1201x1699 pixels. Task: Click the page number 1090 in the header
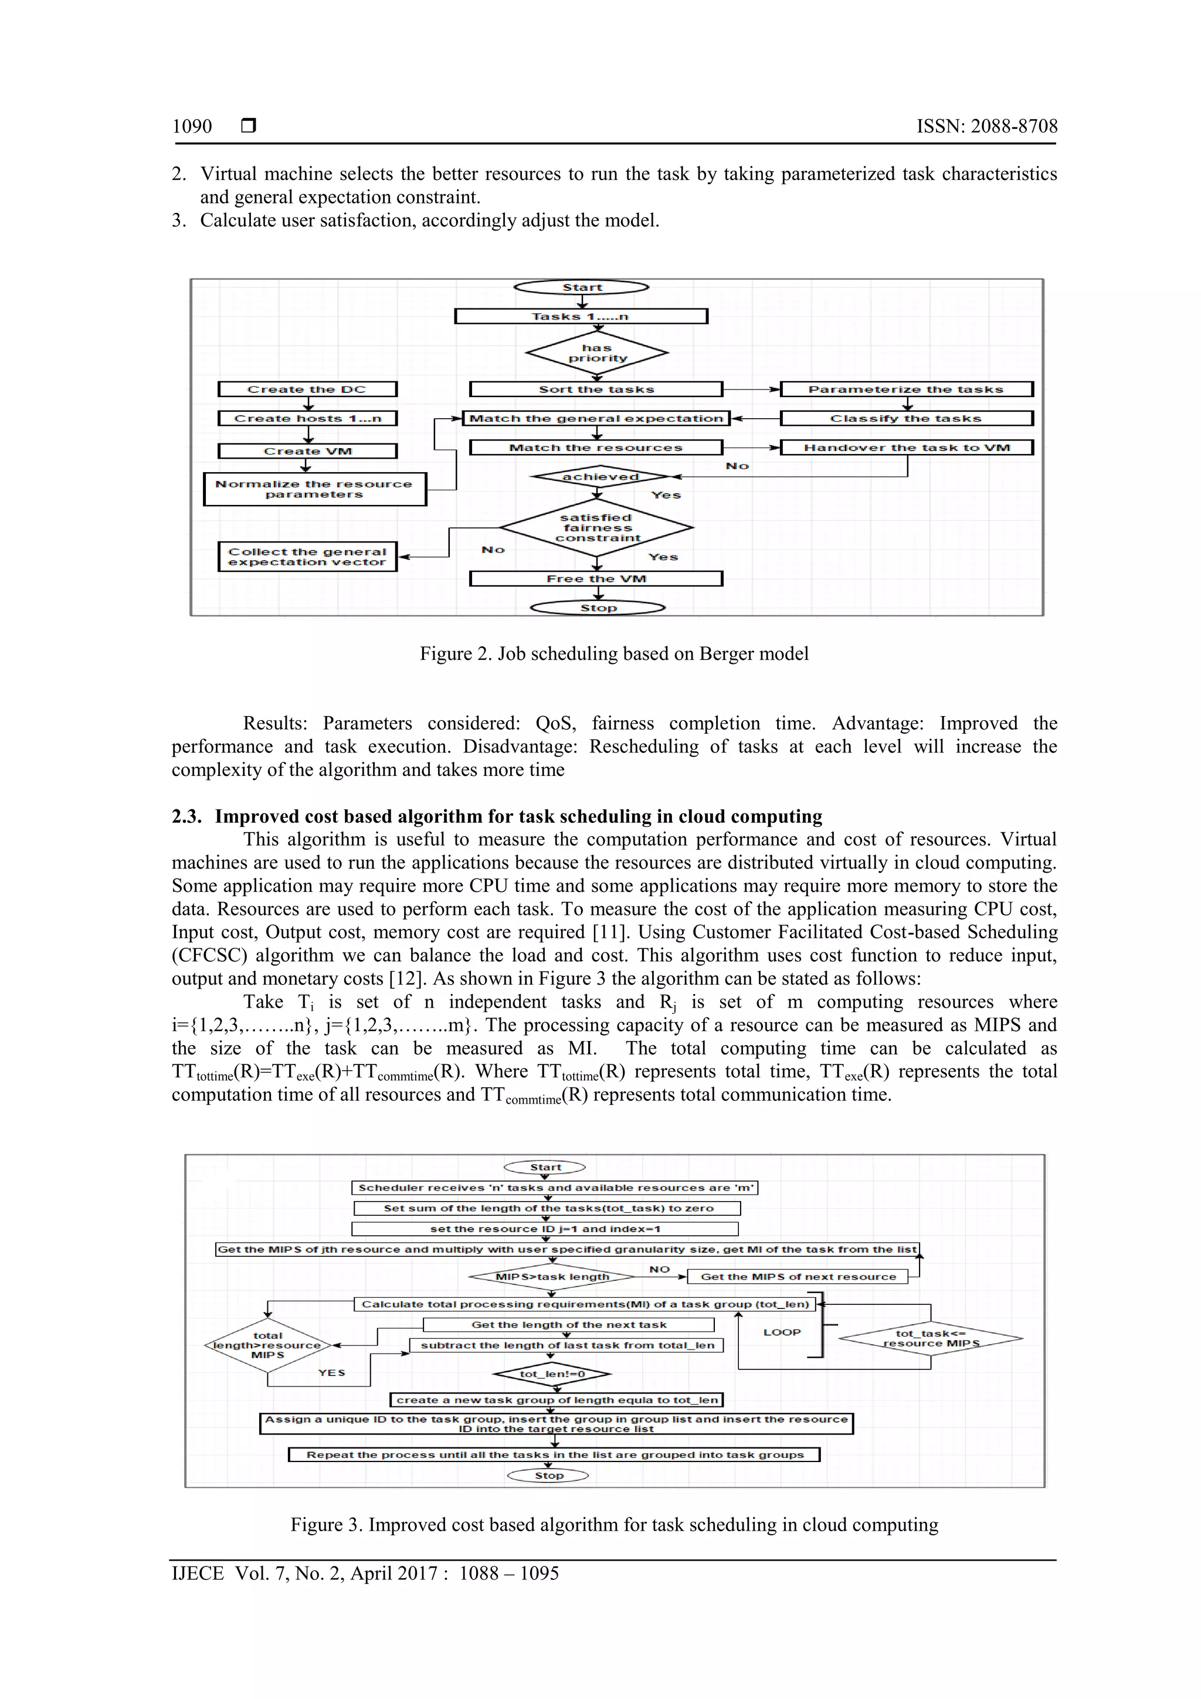pyautogui.click(x=192, y=127)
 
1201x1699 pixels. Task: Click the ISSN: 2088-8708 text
pyautogui.click(x=986, y=127)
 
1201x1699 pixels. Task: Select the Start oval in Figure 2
pyautogui.click(x=582, y=287)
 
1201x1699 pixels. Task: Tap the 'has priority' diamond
pyautogui.click(x=596, y=353)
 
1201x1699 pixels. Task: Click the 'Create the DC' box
pyautogui.click(x=307, y=389)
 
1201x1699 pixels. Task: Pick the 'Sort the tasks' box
pyautogui.click(x=596, y=389)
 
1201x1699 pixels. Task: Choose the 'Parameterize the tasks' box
pyautogui.click(x=906, y=389)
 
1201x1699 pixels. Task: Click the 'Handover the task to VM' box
pyautogui.click(x=907, y=447)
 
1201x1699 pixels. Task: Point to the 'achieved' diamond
pyautogui.click(x=599, y=477)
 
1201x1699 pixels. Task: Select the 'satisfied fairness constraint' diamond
pyautogui.click(x=596, y=528)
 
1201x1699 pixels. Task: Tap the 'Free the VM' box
pyautogui.click(x=596, y=579)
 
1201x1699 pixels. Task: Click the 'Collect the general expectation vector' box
pyautogui.click(x=307, y=557)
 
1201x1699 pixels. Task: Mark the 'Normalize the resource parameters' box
pyautogui.click(x=314, y=489)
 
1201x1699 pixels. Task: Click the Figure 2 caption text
pyautogui.click(x=613, y=653)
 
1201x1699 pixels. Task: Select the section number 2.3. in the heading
pyautogui.click(x=186, y=816)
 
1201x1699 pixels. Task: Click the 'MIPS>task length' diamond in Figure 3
pyautogui.click(x=552, y=1277)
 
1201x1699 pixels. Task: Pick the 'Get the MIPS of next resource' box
pyautogui.click(x=798, y=1277)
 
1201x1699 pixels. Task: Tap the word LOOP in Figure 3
pyautogui.click(x=782, y=1332)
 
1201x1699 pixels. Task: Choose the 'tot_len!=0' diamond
pyautogui.click(x=552, y=1374)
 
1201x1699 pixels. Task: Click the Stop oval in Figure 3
pyautogui.click(x=548, y=1476)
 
